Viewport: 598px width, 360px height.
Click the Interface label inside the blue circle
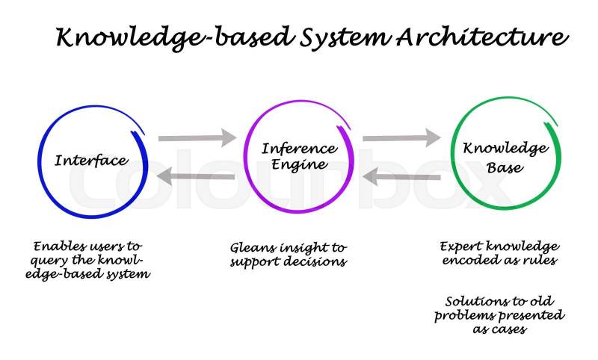91,161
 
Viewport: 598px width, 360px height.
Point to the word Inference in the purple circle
299,149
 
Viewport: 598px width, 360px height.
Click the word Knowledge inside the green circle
505,149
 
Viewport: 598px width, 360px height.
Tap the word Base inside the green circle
505,167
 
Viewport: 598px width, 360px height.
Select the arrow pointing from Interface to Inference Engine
197,137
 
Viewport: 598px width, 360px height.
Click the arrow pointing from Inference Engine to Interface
197,177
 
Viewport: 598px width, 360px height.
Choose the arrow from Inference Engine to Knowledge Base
401,137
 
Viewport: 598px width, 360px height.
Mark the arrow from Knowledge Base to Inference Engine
401,177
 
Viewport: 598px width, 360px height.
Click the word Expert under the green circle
461,246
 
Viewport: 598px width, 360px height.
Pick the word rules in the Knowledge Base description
540,260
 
